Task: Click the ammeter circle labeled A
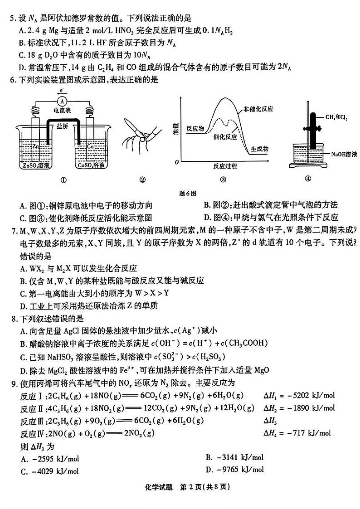pyautogui.click(x=64, y=100)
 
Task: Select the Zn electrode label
pyautogui.click(x=36, y=147)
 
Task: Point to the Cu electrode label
pyautogui.click(x=90, y=147)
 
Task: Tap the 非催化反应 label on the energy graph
pyautogui.click(x=259, y=109)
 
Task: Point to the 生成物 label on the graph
pyautogui.click(x=260, y=149)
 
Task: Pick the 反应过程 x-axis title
pyautogui.click(x=225, y=166)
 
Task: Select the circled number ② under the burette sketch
pyautogui.click(x=142, y=179)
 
